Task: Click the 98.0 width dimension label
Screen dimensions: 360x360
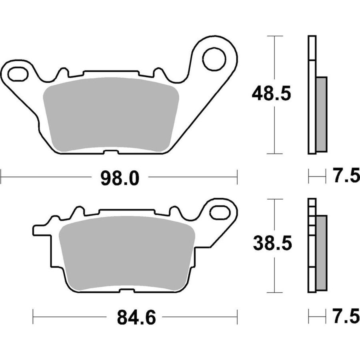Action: click(120, 178)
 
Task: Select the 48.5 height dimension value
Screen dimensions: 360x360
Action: click(271, 94)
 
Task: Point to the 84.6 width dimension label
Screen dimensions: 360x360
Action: click(136, 318)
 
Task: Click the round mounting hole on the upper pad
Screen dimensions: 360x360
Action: click(214, 59)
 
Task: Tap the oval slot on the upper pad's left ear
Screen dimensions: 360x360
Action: click(18, 74)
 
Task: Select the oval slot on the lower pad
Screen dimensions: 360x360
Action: click(220, 213)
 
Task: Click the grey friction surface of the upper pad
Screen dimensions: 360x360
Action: click(111, 115)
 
